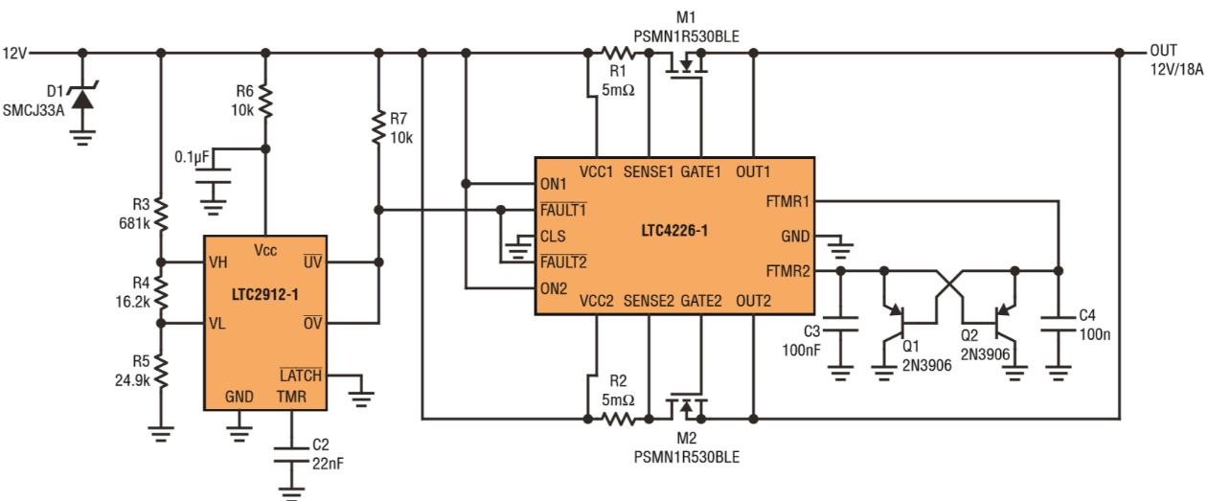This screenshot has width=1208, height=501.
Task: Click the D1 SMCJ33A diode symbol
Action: [x=83, y=97]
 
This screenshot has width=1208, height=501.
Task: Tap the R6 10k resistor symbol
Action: [x=265, y=99]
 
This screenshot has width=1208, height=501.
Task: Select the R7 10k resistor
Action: [x=379, y=127]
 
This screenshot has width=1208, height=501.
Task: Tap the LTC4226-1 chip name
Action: [x=675, y=231]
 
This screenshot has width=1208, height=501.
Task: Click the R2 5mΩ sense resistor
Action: [x=619, y=419]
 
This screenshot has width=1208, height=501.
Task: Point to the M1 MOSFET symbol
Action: [x=686, y=65]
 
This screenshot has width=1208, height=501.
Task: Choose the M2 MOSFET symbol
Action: [x=686, y=407]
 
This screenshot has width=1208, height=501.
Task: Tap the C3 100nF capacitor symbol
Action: [x=840, y=329]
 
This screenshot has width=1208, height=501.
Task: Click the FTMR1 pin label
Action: [x=787, y=202]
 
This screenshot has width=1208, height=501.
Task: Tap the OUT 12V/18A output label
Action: [x=1176, y=59]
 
